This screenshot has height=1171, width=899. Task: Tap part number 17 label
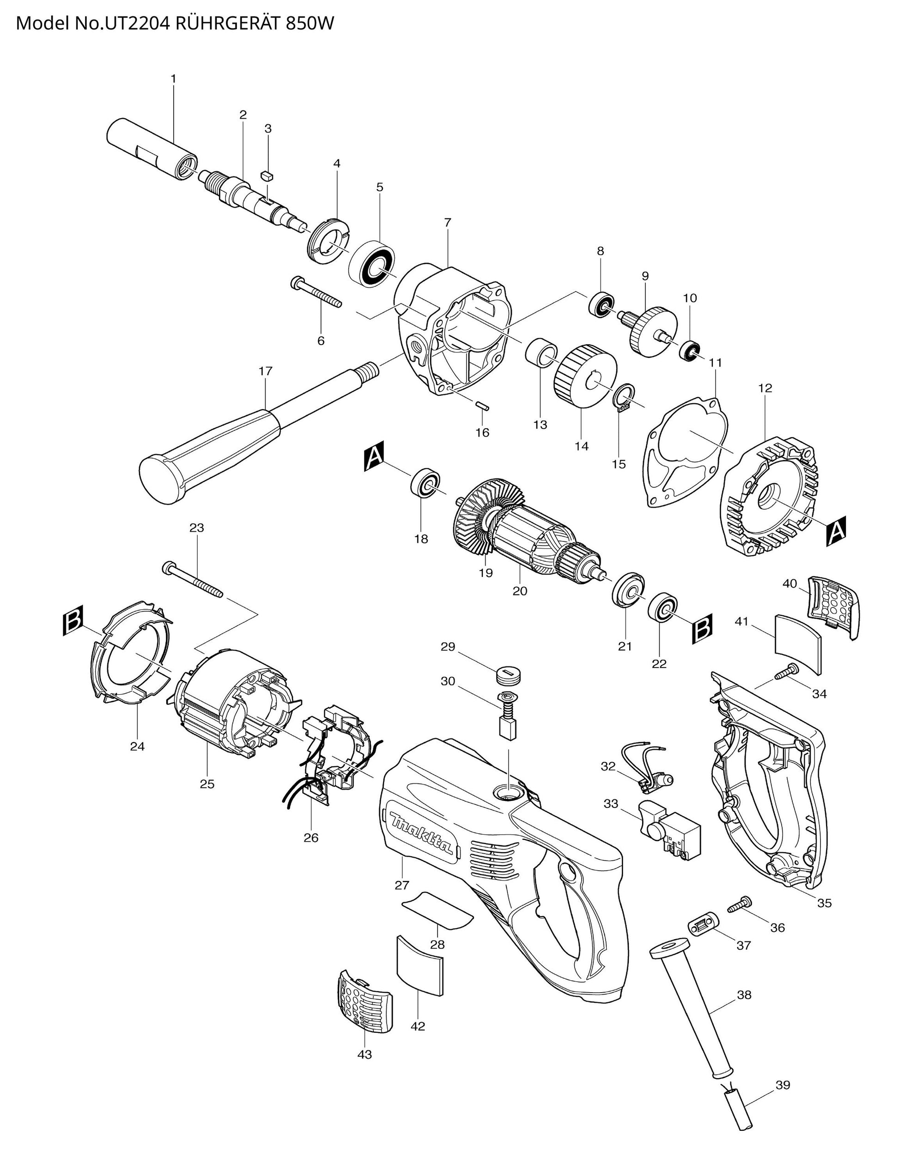pos(266,371)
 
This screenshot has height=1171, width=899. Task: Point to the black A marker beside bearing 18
pos(374,456)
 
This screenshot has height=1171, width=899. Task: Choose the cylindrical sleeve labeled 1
pos(152,150)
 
